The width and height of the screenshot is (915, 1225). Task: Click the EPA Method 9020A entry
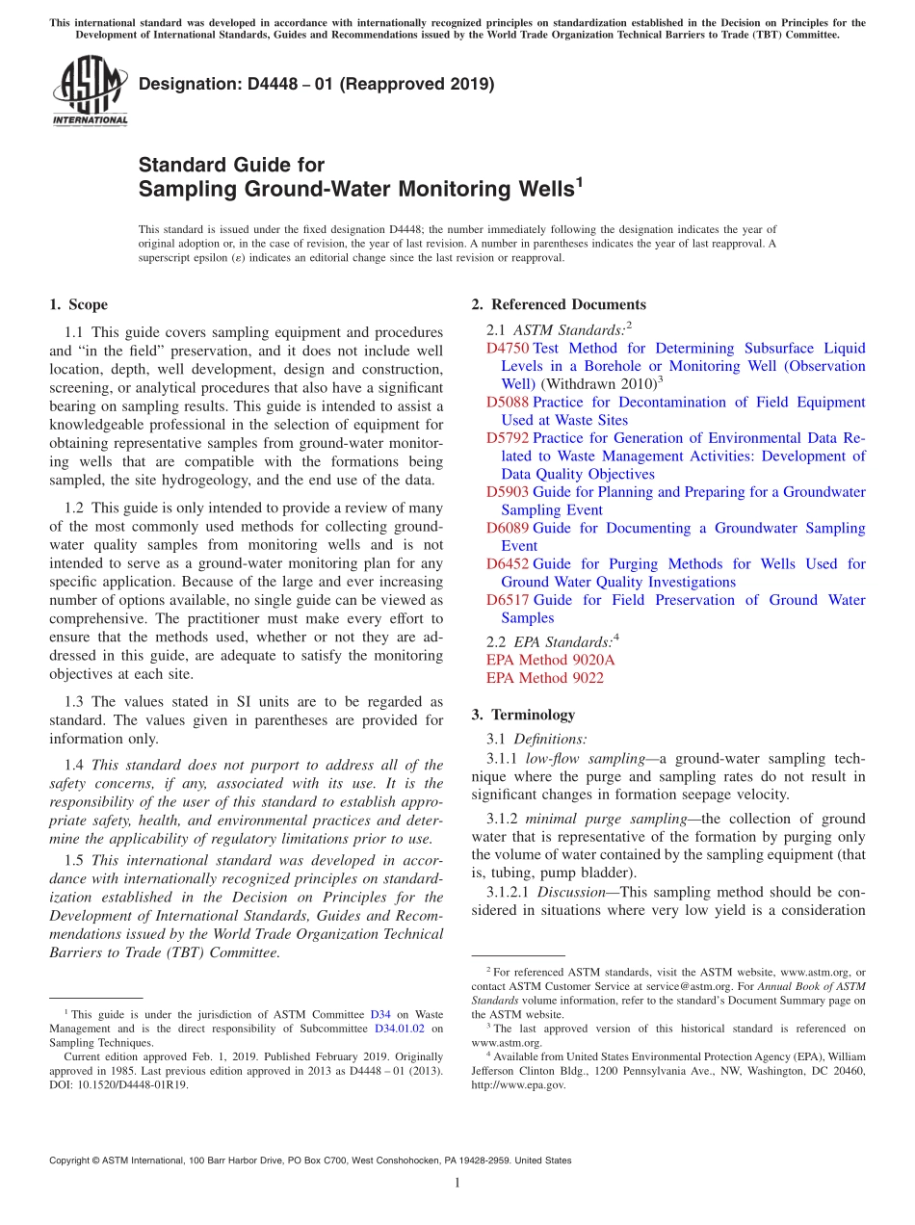coord(550,660)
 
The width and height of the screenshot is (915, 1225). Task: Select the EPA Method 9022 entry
coord(544,678)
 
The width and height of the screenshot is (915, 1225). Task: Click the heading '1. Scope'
coord(79,304)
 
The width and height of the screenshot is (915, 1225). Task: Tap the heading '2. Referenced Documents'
coord(559,304)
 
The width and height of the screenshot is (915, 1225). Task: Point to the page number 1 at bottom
coord(457,1183)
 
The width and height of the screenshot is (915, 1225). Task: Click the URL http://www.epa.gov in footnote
coord(518,1084)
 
